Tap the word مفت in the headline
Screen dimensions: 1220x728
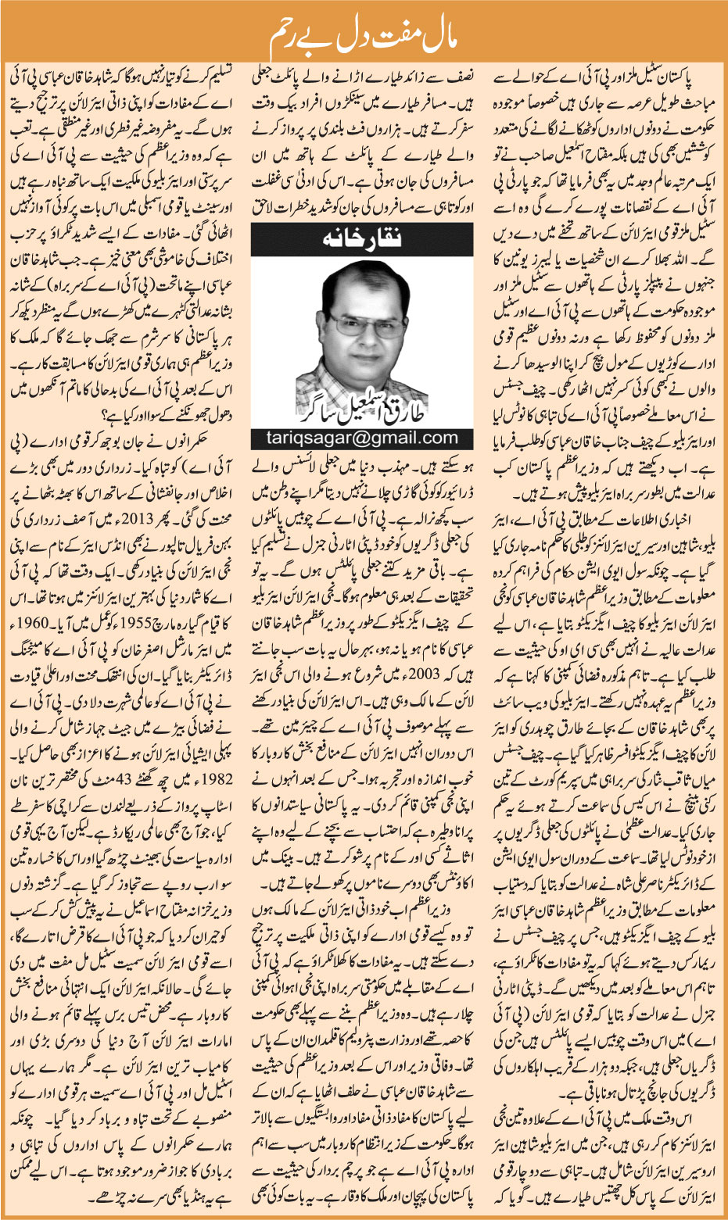click(x=389, y=34)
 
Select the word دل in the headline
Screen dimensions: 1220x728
click(x=341, y=34)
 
